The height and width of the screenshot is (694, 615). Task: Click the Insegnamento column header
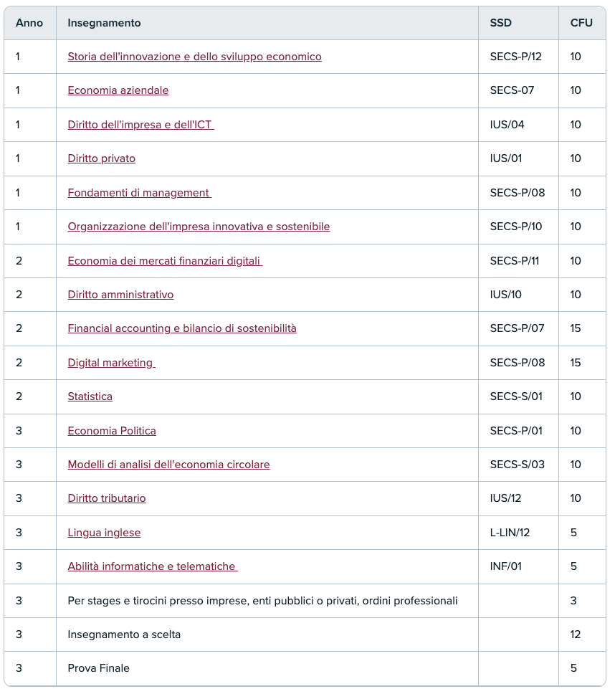click(104, 23)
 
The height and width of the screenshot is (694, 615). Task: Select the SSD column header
click(501, 23)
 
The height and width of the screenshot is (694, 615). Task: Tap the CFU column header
click(581, 23)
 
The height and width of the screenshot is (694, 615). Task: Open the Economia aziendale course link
click(118, 90)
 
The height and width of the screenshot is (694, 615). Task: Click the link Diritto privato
click(102, 158)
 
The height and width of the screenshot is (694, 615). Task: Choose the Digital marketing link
click(110, 363)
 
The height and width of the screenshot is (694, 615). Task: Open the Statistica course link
click(90, 396)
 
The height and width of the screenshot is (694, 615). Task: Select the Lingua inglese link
click(104, 533)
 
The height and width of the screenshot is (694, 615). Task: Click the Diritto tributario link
click(107, 498)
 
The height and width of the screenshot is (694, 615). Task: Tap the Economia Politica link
click(112, 431)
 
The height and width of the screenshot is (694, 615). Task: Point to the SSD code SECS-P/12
click(516, 57)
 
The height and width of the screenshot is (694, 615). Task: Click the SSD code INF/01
click(506, 566)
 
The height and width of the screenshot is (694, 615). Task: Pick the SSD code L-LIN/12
click(510, 533)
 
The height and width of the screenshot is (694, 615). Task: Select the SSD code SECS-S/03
click(518, 465)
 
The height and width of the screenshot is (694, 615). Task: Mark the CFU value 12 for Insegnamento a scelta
click(576, 634)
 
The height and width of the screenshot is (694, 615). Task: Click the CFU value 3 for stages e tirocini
click(573, 601)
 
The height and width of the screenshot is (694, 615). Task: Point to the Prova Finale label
click(99, 668)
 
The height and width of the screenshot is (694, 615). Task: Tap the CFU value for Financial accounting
click(576, 328)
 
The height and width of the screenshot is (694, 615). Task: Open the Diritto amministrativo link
click(120, 295)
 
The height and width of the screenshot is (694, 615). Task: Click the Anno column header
click(29, 23)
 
